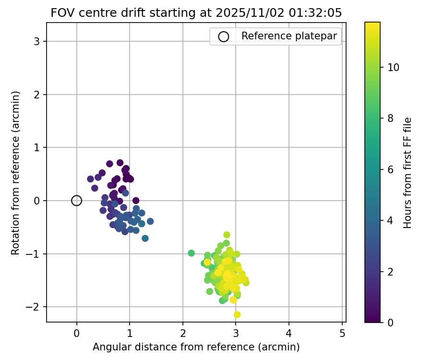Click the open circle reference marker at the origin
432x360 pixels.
click(77, 201)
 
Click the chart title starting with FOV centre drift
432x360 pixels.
click(196, 13)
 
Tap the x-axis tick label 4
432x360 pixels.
click(289, 334)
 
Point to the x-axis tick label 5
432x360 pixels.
click(342, 334)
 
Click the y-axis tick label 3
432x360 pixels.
click(37, 42)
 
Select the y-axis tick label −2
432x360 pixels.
click(35, 307)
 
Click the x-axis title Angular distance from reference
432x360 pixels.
click(196, 347)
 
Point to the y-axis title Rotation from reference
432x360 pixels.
click(16, 173)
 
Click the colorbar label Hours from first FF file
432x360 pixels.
click(408, 173)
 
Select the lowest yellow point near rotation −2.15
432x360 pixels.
click(237, 315)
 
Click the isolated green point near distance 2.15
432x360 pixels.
click(191, 253)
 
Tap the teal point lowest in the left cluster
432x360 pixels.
click(145, 239)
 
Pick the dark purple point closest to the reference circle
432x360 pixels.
click(90, 179)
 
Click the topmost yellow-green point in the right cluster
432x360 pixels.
click(227, 235)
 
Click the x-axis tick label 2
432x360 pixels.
click(183, 334)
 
